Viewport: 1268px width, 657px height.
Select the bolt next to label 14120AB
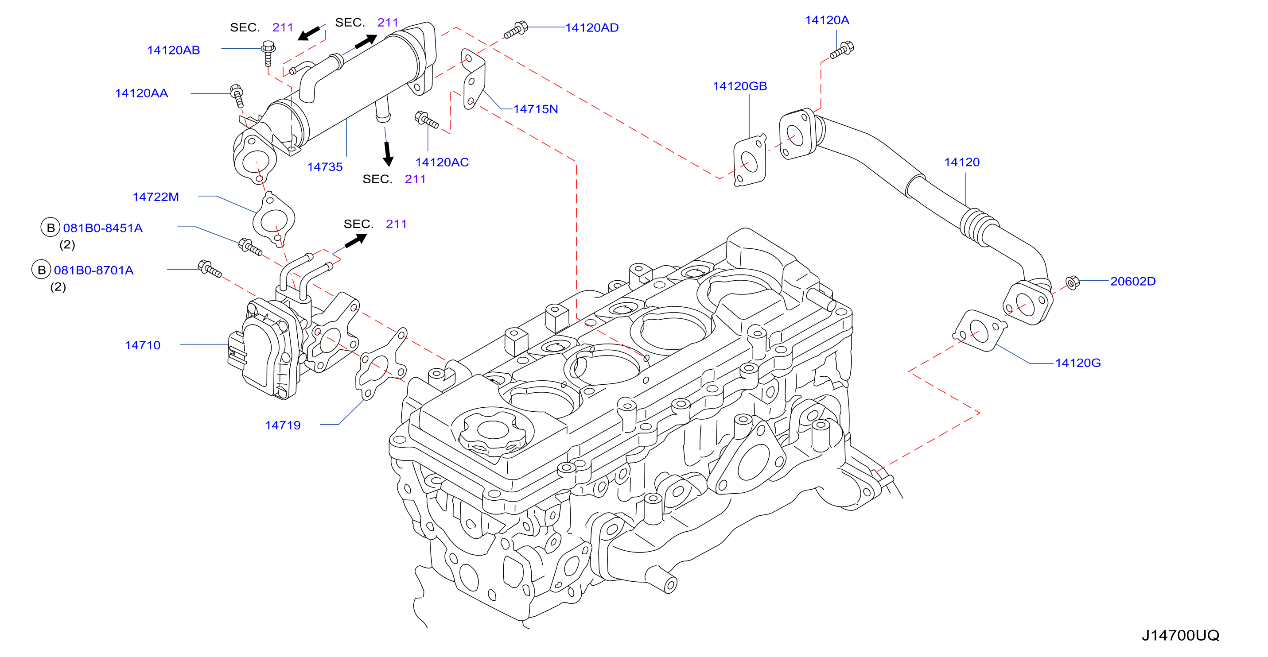268,53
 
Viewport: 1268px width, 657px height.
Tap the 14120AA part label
141,93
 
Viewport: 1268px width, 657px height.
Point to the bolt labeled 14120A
842,50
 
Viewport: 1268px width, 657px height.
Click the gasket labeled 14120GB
750,160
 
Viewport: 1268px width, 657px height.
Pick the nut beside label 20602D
1073,282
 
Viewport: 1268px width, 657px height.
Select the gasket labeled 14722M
274,219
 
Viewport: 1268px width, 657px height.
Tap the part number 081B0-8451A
103,228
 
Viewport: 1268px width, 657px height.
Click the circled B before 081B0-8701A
41,270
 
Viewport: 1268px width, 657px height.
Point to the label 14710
142,345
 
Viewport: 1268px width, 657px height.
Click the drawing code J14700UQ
1180,635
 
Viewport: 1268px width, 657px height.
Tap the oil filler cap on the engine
492,432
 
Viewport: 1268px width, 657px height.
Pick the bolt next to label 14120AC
426,120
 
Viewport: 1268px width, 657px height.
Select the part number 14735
325,167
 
